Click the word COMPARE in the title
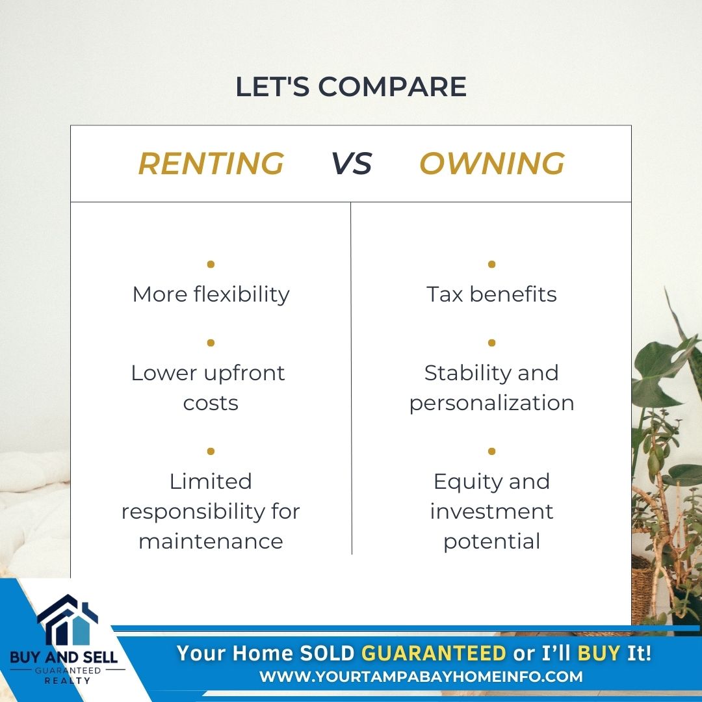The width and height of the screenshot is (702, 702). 392,86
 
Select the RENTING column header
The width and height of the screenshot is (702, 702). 211,163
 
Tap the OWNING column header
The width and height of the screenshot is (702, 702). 492,163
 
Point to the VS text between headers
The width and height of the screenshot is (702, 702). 352,163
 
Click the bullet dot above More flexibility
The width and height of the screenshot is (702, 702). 211,264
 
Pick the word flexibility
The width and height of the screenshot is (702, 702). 242,294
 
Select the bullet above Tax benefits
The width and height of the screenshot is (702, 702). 491,264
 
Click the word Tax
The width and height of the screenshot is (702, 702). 445,294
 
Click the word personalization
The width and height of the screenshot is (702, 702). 491,403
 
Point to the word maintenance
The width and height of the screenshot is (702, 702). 211,541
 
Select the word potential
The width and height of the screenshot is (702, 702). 491,541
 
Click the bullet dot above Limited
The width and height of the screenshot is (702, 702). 211,451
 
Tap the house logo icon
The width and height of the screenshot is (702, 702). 67,620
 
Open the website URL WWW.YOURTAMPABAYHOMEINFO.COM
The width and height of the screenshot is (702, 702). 421,676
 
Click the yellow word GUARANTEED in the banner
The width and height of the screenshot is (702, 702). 434,653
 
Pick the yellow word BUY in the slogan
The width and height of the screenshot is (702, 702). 599,653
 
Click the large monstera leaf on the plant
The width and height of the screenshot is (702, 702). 662,367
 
